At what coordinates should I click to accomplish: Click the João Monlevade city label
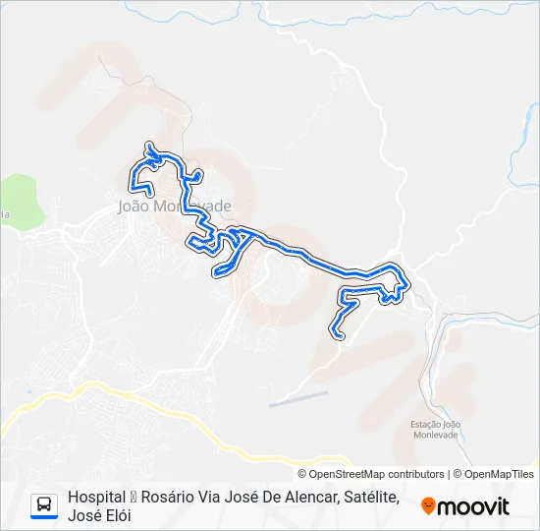click(174, 206)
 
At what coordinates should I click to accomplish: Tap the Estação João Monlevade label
click(435, 429)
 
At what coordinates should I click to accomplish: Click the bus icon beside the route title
click(44, 505)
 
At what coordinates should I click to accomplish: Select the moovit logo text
click(473, 506)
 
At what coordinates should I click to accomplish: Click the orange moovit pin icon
click(428, 506)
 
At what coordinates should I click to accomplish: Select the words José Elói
click(99, 515)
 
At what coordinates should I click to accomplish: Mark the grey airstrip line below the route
click(298, 397)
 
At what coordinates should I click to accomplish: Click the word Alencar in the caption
click(304, 498)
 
